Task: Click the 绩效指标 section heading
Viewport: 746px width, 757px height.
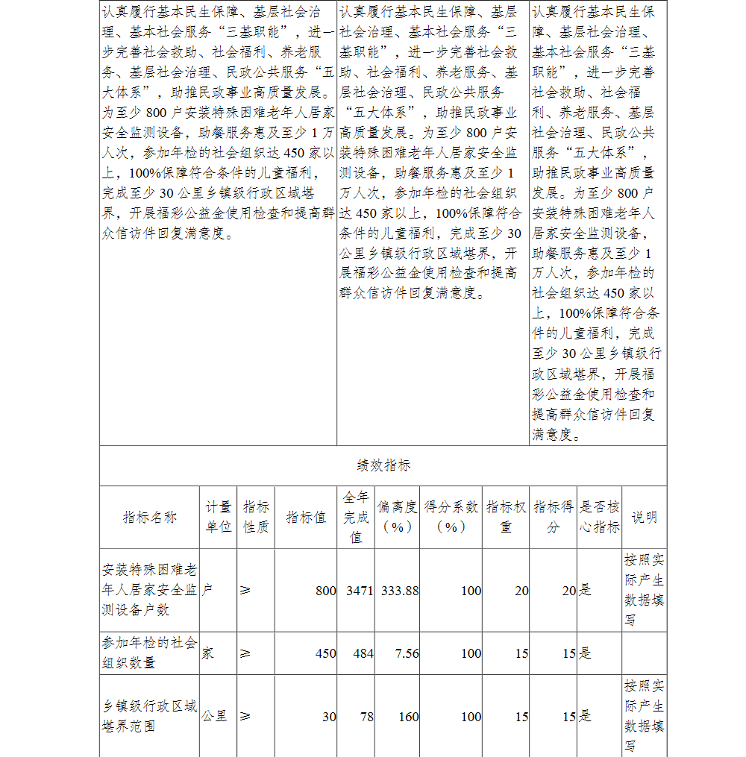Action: coord(383,465)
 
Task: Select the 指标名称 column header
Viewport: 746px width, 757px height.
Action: coord(149,517)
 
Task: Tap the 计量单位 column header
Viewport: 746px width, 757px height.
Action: coord(219,517)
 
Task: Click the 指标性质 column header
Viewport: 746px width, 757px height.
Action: coord(256,517)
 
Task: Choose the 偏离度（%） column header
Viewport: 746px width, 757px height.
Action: coord(397,517)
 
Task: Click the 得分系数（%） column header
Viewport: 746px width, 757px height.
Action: coord(451,517)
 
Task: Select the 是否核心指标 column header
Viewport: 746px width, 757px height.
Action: coord(600,517)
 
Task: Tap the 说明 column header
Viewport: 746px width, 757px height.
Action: coord(645,517)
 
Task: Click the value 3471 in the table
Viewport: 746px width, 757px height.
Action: coord(360,591)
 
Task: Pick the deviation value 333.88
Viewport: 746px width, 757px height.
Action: coord(400,591)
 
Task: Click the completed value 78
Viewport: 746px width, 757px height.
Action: coord(366,717)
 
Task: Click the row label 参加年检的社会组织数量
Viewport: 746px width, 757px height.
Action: coord(149,653)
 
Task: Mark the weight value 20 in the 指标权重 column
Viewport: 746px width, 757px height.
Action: coord(521,591)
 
